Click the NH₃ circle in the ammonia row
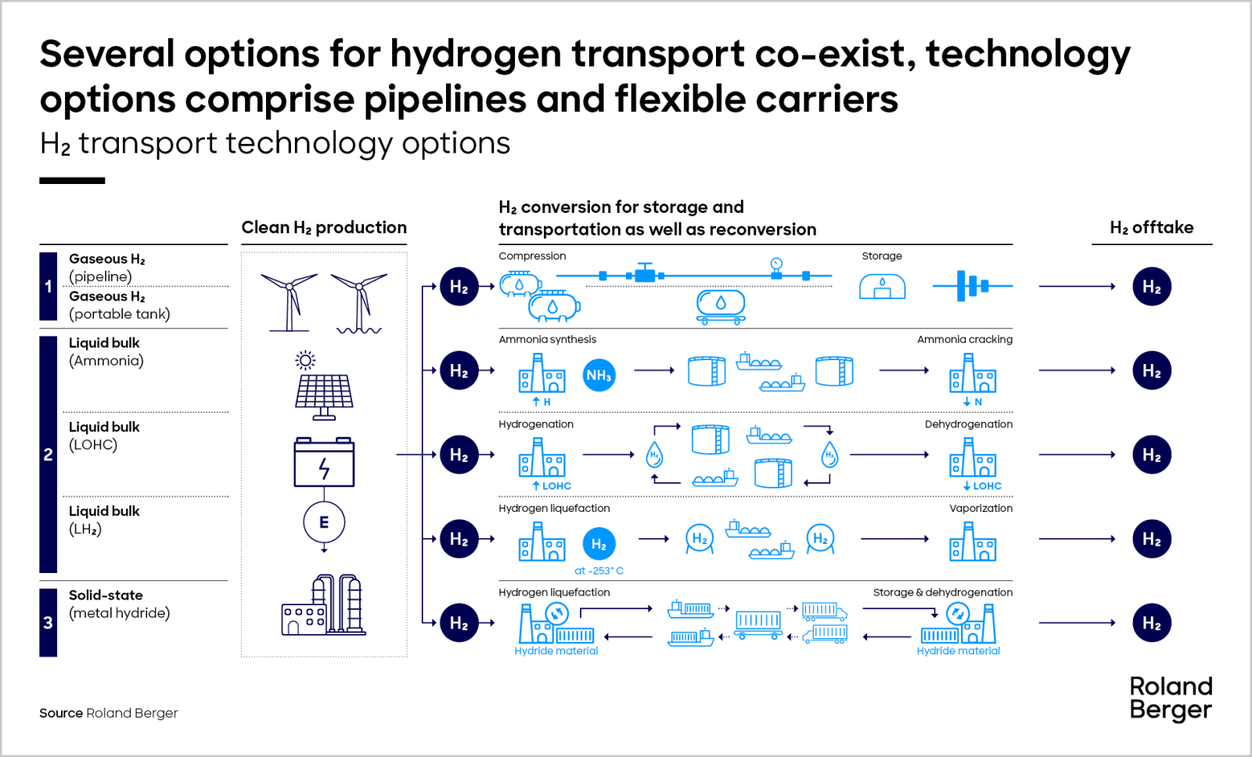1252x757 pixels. pyautogui.click(x=599, y=376)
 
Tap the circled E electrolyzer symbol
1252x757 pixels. pyautogui.click(x=324, y=522)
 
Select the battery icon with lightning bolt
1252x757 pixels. pyautogui.click(x=324, y=463)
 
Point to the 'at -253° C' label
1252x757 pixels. pyautogui.click(x=599, y=571)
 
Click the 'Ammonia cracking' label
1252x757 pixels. pyautogui.click(x=964, y=340)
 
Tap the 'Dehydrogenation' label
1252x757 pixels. pyautogui.click(x=968, y=424)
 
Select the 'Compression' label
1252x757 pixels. pyautogui.click(x=532, y=256)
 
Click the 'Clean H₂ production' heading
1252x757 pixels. pyautogui.click(x=324, y=228)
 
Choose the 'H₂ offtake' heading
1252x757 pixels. pyautogui.click(x=1151, y=228)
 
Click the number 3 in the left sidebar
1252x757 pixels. pyautogui.click(x=49, y=623)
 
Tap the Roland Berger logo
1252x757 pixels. pyautogui.click(x=1171, y=698)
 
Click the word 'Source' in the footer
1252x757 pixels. pyautogui.click(x=61, y=713)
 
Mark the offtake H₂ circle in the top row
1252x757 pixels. pyautogui.click(x=1151, y=287)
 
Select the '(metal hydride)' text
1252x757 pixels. pyautogui.click(x=119, y=613)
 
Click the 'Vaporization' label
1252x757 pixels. pyautogui.click(x=980, y=508)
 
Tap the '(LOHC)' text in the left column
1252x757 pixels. pyautogui.click(x=93, y=445)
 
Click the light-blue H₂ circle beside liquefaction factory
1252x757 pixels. pyautogui.click(x=599, y=544)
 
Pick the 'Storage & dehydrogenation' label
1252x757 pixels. pyautogui.click(x=942, y=593)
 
